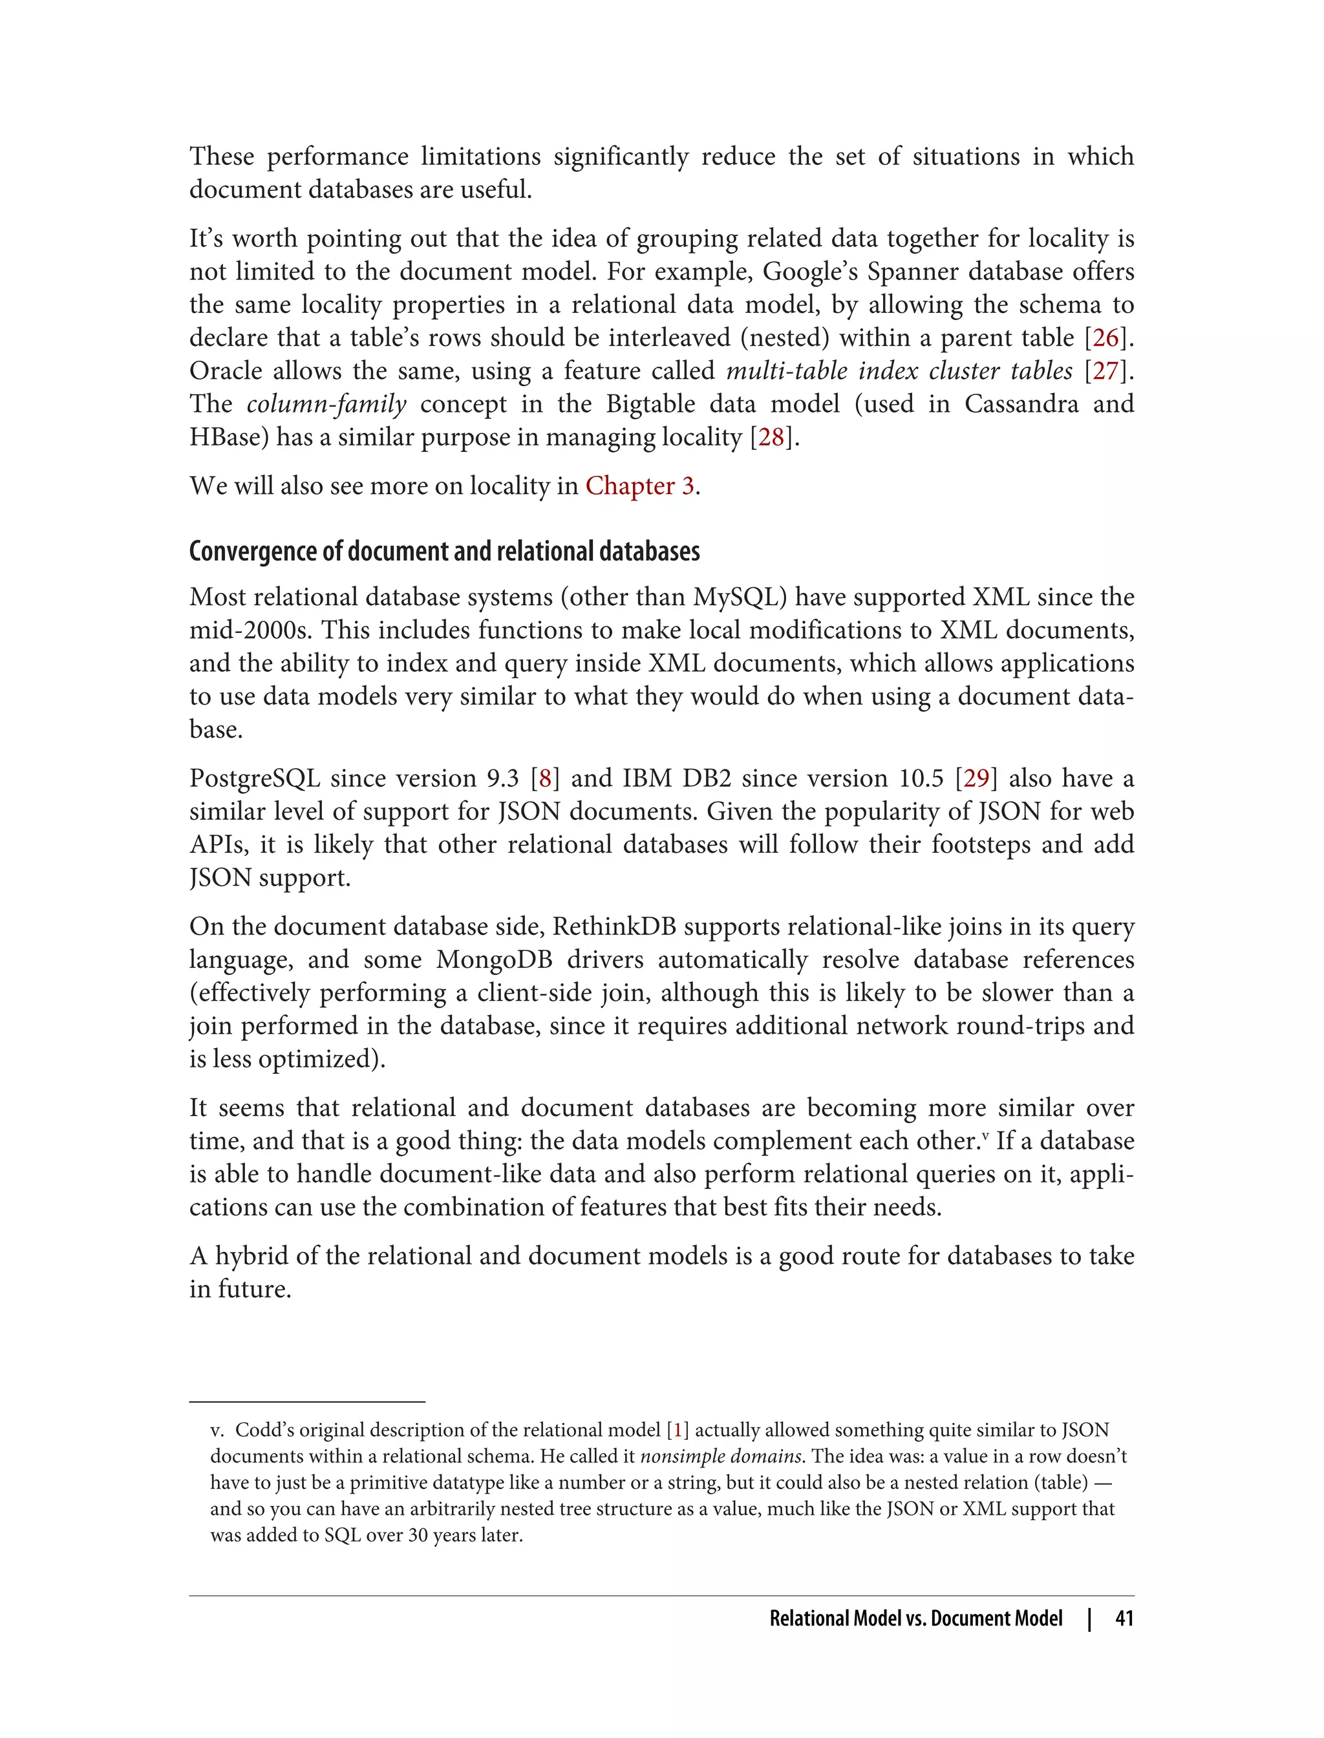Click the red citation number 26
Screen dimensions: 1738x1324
[x=1105, y=338]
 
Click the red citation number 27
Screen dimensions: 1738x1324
[x=1105, y=371]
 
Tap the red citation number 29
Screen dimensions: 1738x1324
[x=976, y=778]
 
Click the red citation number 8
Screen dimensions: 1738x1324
[x=544, y=778]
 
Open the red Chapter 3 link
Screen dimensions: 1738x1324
[x=639, y=486]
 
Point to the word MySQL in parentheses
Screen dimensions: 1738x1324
[x=736, y=597]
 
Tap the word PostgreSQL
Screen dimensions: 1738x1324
[x=255, y=778]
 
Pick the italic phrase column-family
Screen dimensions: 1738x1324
[x=326, y=404]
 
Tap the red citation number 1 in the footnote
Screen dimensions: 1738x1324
[x=678, y=1430]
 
